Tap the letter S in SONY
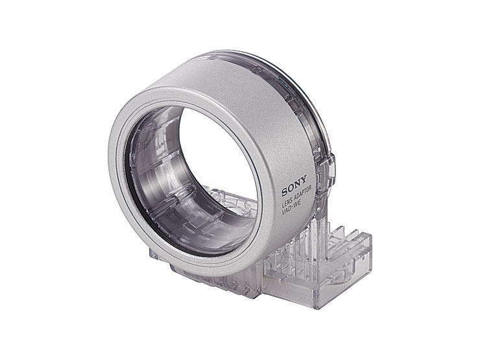[285, 192]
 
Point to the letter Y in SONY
[304, 179]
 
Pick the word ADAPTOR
[302, 193]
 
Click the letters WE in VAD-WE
[298, 202]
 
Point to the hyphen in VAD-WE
[293, 206]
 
